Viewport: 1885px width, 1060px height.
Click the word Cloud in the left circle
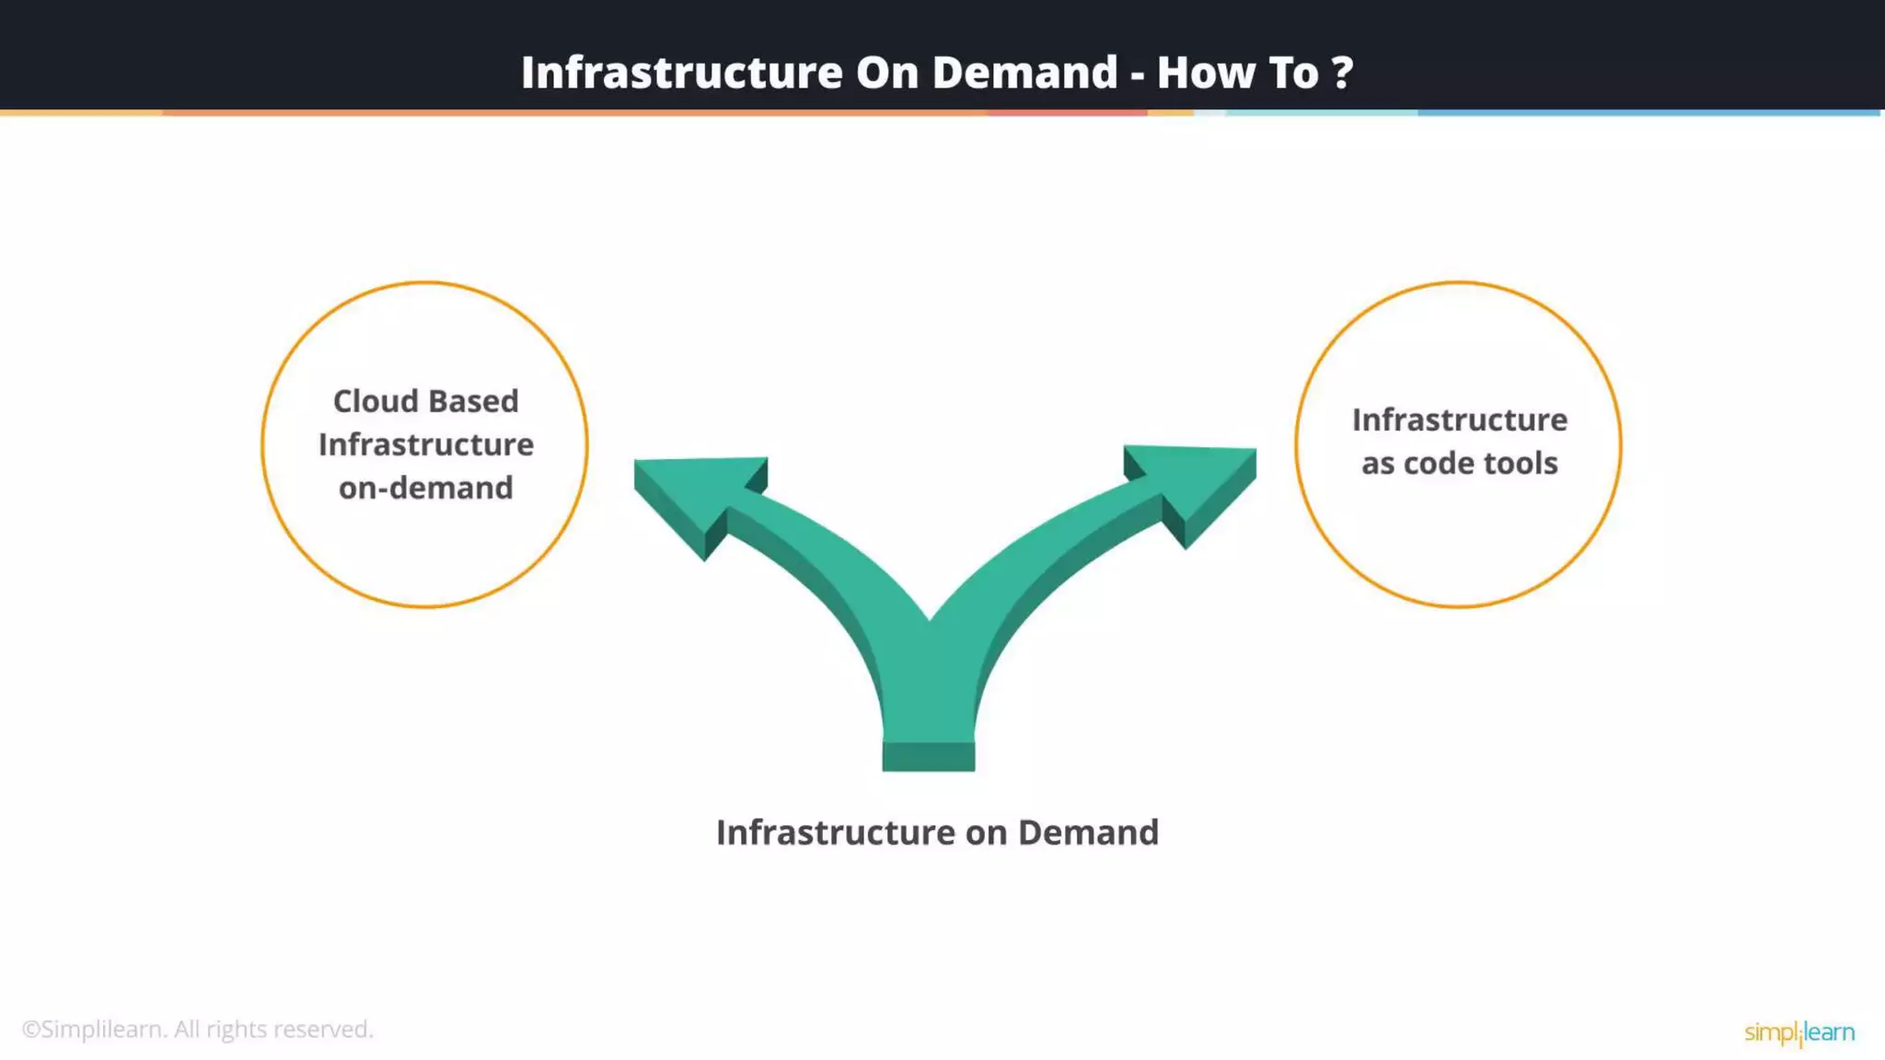[374, 401]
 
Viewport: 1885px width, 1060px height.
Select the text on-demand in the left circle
[425, 488]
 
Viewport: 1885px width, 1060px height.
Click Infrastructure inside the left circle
[425, 444]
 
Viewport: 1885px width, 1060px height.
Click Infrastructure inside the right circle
[1459, 420]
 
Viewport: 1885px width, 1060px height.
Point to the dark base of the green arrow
[928, 756]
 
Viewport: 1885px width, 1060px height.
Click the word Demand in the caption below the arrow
[1088, 833]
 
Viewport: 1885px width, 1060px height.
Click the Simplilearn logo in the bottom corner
[1798, 1032]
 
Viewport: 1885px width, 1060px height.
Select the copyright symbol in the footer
[31, 1030]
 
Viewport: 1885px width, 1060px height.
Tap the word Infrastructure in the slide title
[681, 73]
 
